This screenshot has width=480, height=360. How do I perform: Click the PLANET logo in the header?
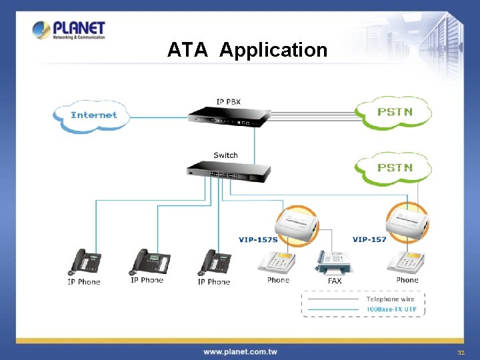click(x=69, y=30)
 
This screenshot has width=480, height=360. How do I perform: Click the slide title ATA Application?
click(x=247, y=50)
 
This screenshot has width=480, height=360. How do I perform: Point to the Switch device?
click(x=229, y=171)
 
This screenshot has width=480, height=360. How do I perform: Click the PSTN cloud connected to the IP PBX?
click(x=395, y=112)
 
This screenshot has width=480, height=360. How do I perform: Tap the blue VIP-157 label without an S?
click(x=369, y=239)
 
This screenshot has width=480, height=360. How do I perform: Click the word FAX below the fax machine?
click(x=335, y=281)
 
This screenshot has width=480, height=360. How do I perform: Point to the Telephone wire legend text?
click(x=391, y=299)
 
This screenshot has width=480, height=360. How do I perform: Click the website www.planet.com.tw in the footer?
click(x=240, y=351)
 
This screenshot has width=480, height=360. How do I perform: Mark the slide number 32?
click(x=460, y=352)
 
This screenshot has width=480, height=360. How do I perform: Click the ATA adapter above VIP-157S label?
click(x=297, y=224)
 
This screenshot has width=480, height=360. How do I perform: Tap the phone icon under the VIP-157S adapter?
click(x=277, y=263)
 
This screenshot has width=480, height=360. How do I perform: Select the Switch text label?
click(x=225, y=155)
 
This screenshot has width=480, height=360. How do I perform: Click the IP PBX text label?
click(x=228, y=101)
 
